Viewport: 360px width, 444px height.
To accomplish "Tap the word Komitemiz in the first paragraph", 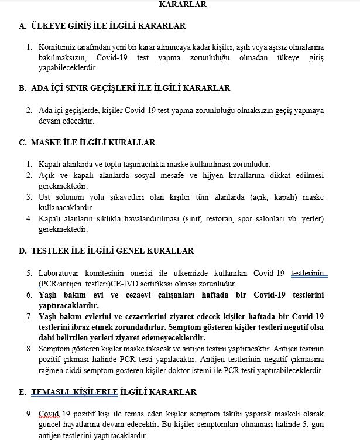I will pyautogui.click(x=56, y=46).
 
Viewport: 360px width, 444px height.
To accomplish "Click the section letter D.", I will pyautogui.click(x=23, y=251).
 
